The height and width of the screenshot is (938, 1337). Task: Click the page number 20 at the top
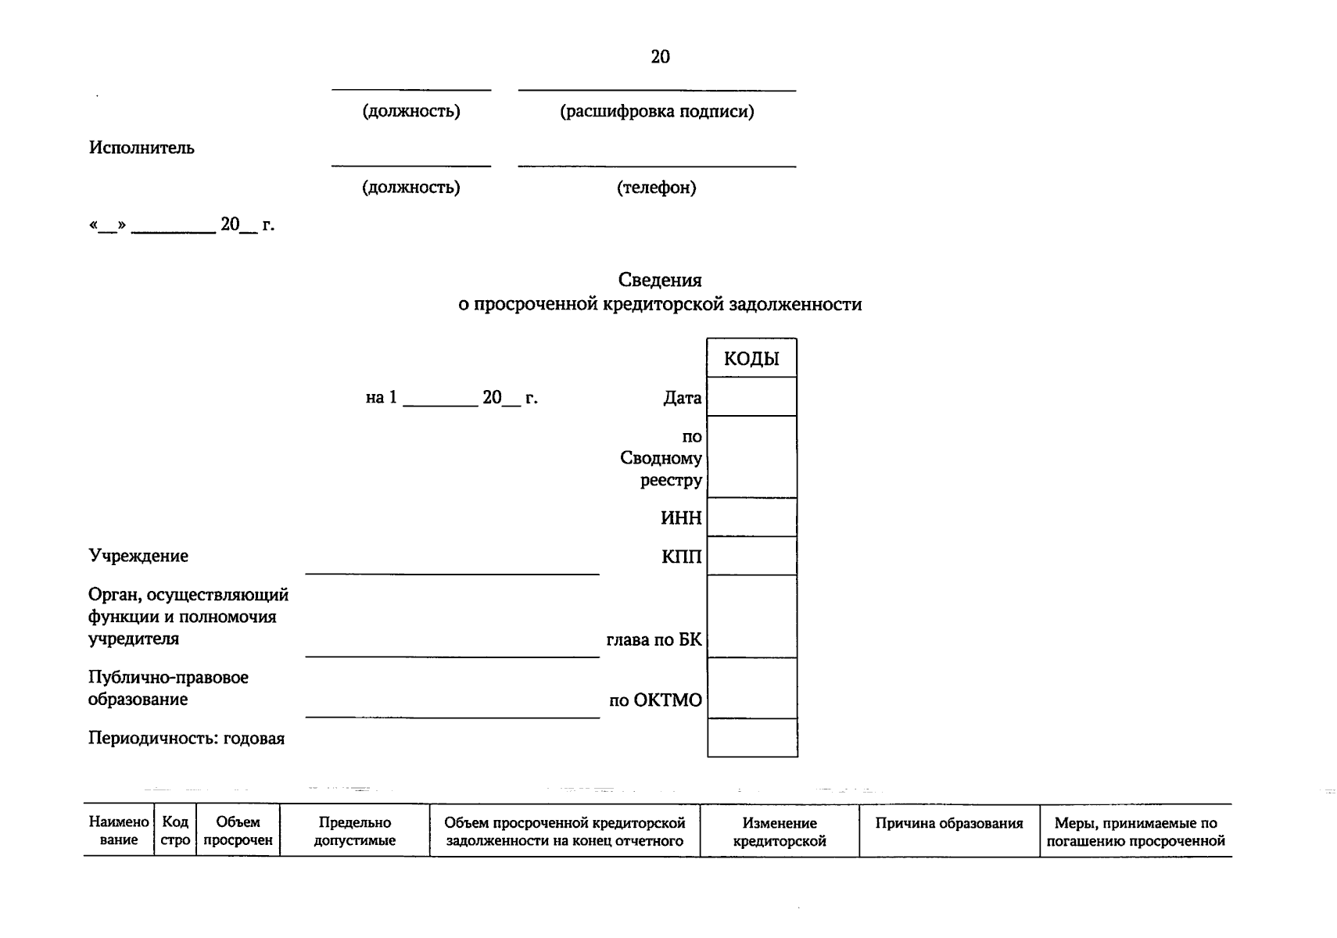tap(660, 56)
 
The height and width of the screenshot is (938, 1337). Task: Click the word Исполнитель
tap(142, 148)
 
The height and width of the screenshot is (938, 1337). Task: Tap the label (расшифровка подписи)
tap(657, 111)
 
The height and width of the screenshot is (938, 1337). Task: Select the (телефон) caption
tap(656, 188)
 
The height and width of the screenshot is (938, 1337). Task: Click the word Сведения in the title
tap(660, 280)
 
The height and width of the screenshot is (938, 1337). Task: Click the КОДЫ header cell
tap(751, 359)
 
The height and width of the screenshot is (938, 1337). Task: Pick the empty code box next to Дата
tap(751, 397)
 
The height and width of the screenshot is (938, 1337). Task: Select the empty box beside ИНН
tap(751, 517)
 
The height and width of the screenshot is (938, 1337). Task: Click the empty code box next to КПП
tap(751, 556)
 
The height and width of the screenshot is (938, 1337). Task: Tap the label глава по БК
tap(654, 640)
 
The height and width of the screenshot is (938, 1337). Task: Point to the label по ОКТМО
tap(655, 700)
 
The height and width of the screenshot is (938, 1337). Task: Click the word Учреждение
tap(138, 556)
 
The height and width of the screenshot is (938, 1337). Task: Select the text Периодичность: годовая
tap(186, 739)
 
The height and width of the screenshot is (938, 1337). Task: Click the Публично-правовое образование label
tap(168, 688)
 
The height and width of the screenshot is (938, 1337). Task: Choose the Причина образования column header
tap(948, 823)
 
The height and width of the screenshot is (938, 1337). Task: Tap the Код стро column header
tap(175, 831)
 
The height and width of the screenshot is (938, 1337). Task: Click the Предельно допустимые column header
tap(354, 832)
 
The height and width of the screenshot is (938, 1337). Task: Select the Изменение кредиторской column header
tap(780, 832)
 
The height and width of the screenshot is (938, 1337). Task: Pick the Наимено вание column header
tap(119, 831)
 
